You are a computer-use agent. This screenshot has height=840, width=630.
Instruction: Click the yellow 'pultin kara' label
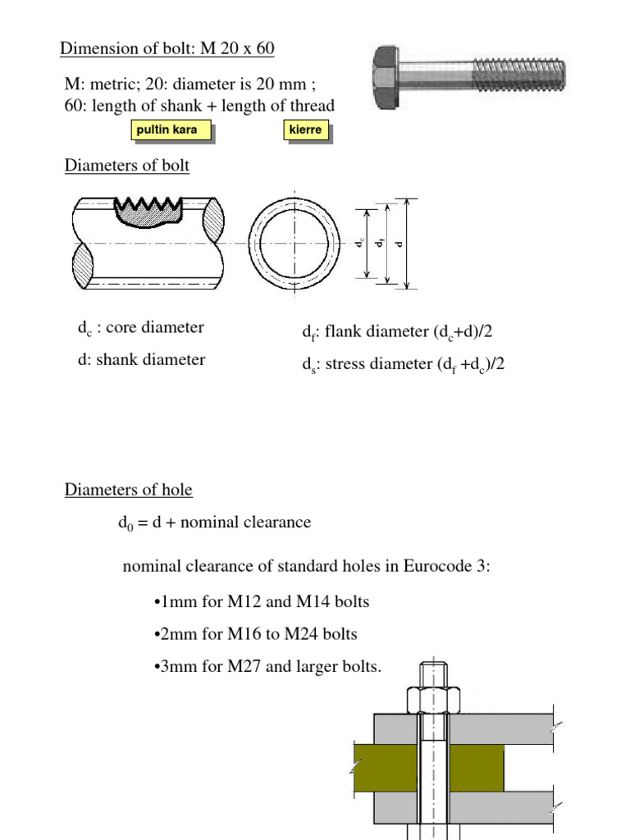click(x=171, y=130)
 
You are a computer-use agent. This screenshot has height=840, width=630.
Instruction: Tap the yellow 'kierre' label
click(x=305, y=130)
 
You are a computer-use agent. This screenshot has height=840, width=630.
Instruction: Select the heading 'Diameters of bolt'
click(x=127, y=166)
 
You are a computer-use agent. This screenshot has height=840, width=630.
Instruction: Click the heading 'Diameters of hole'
click(x=129, y=491)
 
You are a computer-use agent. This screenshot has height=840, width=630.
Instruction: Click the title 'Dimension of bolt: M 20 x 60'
click(x=167, y=48)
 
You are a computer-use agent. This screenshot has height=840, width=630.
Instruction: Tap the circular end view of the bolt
click(x=294, y=244)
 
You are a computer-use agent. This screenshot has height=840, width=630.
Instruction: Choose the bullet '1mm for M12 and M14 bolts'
click(x=262, y=602)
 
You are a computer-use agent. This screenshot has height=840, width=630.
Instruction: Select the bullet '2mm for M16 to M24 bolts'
click(x=255, y=634)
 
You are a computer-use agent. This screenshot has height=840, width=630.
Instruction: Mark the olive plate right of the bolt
click(x=476, y=769)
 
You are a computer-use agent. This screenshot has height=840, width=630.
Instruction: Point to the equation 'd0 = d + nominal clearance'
click(x=214, y=523)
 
